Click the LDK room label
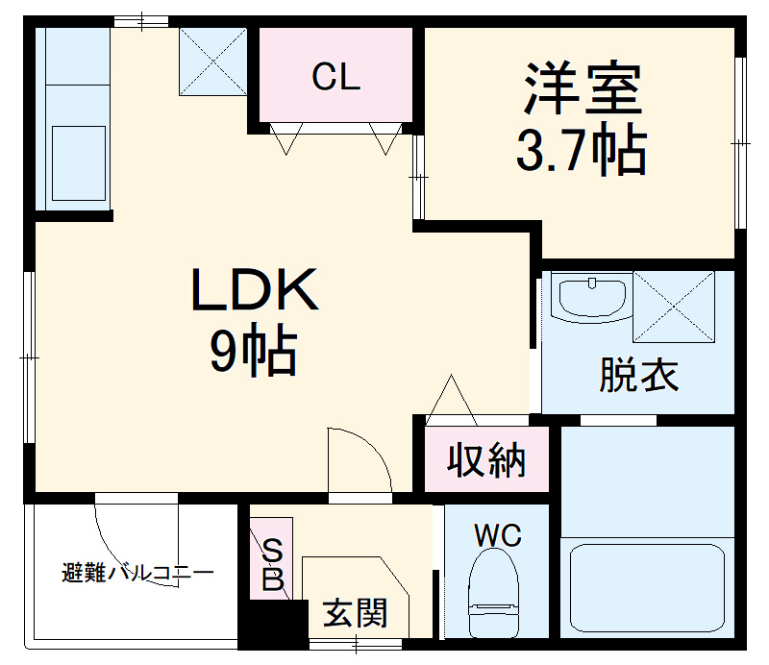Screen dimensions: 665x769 (255, 291)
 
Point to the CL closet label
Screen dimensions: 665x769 (335, 78)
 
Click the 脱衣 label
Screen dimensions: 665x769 (638, 376)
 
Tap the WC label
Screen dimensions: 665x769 (496, 535)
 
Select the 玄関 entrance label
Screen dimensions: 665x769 (355, 612)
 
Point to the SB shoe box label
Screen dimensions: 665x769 (273, 565)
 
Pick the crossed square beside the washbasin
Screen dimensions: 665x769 (674, 307)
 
